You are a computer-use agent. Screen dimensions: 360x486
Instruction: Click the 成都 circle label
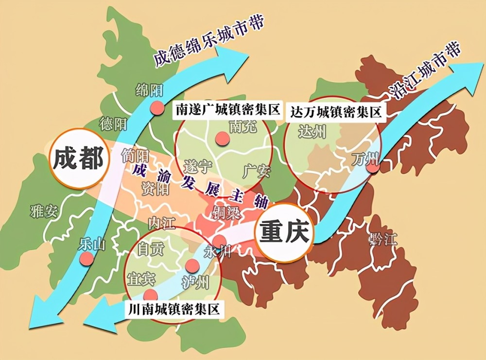pos(78,159)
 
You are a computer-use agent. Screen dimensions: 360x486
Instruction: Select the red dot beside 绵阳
pos(157,108)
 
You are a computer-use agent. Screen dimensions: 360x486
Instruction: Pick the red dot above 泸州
pos(192,266)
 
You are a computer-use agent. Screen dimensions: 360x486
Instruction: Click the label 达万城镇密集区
pos(335,112)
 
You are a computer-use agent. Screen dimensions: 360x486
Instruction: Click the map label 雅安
pos(44,212)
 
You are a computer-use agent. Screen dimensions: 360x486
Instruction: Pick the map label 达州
pos(312,131)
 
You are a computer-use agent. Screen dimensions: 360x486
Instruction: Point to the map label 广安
pos(256,170)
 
